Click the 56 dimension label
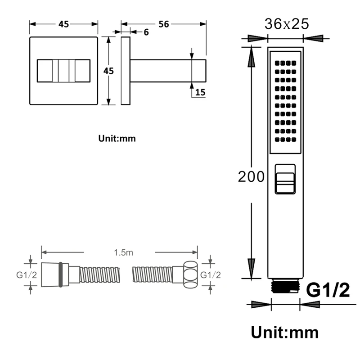click(x=164, y=24)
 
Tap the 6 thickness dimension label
click(x=146, y=32)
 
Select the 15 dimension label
click(x=200, y=92)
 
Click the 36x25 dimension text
click(x=287, y=24)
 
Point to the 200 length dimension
click(x=251, y=176)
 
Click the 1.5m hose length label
click(x=123, y=252)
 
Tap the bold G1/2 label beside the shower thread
click(x=328, y=290)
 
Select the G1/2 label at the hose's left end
click(x=27, y=275)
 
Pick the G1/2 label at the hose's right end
click(x=211, y=275)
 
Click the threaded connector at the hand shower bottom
click(x=285, y=286)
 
